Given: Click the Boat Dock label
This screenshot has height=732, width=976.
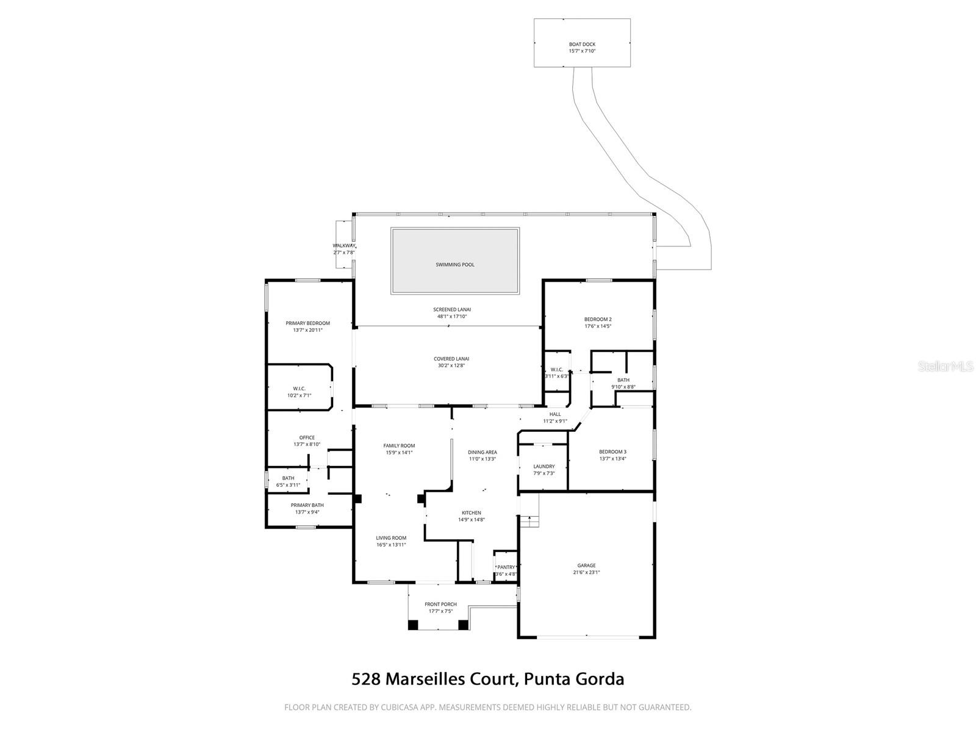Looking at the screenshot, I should point(582,45).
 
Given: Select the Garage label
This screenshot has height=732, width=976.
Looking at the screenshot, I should point(587,565).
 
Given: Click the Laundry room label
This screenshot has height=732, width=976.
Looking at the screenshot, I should point(544,467).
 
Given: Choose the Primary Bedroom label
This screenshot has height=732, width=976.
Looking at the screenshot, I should point(307,323).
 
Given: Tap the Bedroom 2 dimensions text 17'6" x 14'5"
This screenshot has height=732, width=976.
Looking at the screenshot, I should point(598,326).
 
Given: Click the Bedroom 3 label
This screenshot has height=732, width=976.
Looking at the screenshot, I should point(612,452).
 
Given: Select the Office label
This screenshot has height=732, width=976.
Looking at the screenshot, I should point(307,437).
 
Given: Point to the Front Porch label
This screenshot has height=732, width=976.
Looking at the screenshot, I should point(440,605).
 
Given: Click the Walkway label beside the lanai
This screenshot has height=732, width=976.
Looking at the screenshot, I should point(344,246).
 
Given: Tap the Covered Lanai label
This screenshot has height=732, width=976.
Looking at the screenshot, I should point(451,359).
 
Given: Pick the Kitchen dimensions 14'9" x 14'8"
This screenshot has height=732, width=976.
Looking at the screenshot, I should point(471,520).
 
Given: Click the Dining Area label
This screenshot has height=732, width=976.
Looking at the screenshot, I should point(482,453).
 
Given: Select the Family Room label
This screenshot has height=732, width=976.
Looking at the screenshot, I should point(399,446).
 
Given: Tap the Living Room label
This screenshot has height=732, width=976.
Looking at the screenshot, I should point(391,538).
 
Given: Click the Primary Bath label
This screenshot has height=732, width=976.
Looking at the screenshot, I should point(307,505).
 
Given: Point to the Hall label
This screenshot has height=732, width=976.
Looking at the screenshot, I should point(555,414).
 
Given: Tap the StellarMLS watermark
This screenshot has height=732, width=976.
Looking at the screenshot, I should point(946,367).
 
